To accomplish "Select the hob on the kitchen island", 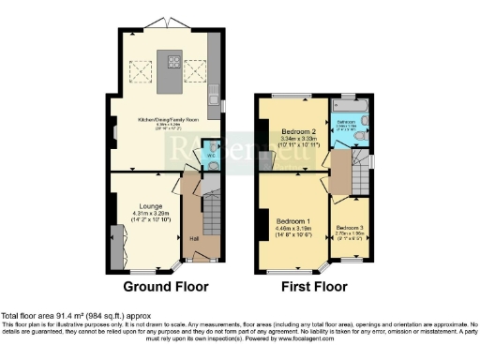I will tap(173, 64).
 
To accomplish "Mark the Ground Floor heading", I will tap(164, 286).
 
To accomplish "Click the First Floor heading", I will tap(313, 286).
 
